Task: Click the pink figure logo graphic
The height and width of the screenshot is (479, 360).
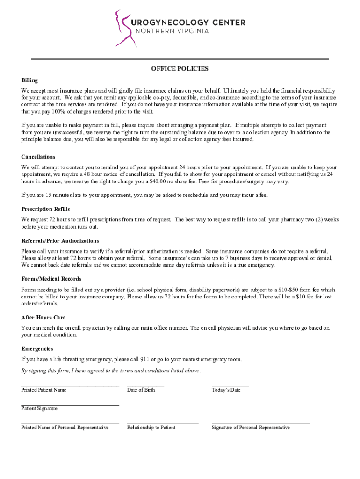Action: click(124, 28)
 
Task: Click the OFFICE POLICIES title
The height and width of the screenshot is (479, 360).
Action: click(180, 69)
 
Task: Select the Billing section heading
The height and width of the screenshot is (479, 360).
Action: click(29, 80)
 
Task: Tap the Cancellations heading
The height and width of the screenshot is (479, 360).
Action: click(38, 157)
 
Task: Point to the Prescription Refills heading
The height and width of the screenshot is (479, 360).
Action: click(45, 209)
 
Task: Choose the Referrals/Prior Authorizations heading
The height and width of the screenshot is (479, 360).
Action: click(60, 241)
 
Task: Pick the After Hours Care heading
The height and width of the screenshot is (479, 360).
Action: click(43, 318)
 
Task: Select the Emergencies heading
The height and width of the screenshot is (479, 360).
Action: click(37, 349)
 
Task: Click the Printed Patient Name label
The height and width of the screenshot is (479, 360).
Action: click(43, 390)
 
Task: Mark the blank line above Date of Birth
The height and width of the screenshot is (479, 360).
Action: click(145, 386)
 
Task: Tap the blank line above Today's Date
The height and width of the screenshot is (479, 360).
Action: click(230, 386)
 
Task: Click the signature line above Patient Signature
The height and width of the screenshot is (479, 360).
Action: click(70, 405)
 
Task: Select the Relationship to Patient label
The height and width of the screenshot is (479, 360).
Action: click(151, 428)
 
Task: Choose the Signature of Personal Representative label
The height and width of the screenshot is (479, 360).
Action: click(251, 428)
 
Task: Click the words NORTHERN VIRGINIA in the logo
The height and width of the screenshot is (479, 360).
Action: click(172, 31)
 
